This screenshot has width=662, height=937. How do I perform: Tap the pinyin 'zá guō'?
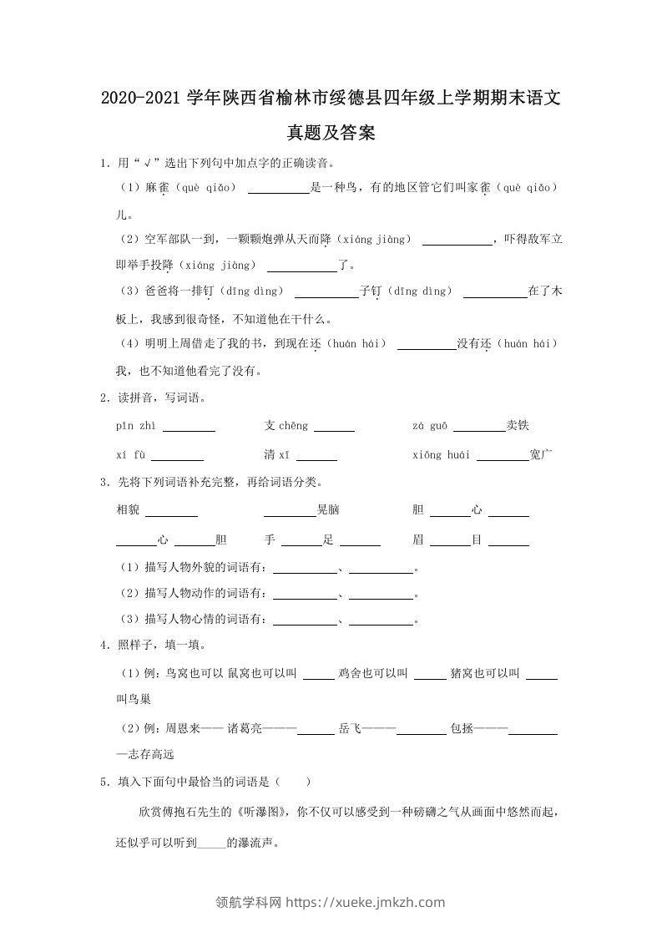point(430,426)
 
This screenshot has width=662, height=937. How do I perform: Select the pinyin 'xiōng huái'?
point(442,455)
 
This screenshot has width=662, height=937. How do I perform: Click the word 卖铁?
point(518,426)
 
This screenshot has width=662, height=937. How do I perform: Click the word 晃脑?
point(328,510)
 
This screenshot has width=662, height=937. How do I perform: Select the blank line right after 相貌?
point(171,512)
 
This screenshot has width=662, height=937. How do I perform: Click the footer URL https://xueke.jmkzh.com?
point(366,902)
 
